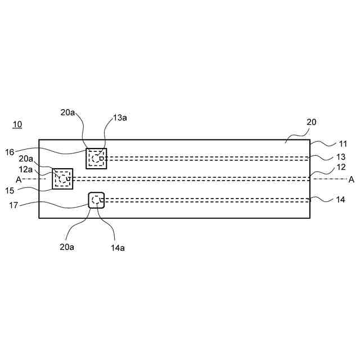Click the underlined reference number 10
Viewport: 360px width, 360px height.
click(x=17, y=124)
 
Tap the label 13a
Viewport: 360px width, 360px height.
click(x=120, y=118)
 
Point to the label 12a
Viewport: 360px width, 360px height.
click(x=26, y=169)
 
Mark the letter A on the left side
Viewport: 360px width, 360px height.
click(x=19, y=179)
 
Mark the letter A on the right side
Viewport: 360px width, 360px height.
click(x=352, y=179)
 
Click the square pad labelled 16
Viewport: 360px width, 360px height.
click(x=96, y=158)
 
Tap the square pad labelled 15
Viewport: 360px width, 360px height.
click(x=62, y=178)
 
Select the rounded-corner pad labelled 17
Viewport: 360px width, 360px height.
click(x=97, y=200)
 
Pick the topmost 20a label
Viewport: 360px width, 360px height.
click(x=68, y=112)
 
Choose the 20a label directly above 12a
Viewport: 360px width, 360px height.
click(x=26, y=159)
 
